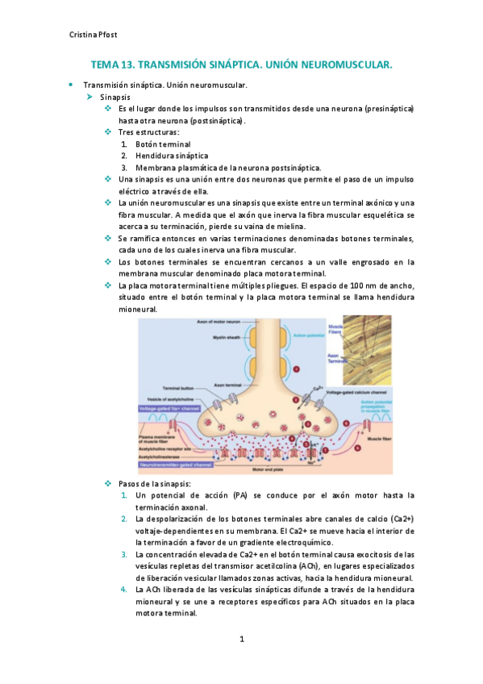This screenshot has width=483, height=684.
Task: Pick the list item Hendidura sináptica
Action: pos(172,156)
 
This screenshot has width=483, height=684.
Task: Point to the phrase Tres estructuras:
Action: pos(148,131)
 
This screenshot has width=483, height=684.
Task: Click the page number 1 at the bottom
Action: pos(241,640)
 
